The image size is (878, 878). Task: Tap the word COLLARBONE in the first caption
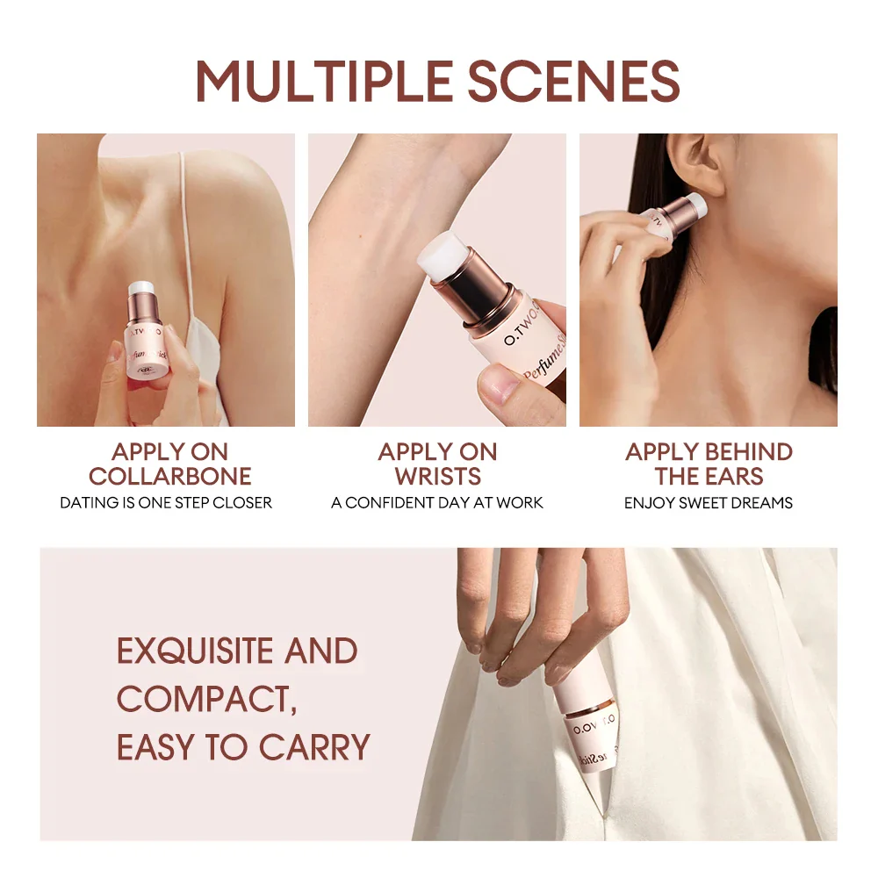pos(169,477)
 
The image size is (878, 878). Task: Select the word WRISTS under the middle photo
pos(437,477)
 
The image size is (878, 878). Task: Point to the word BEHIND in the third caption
pos(746,452)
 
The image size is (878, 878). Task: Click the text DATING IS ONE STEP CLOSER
pos(166,503)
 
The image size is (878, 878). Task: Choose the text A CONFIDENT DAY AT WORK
pos(437,503)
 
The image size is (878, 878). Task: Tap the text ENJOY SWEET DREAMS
pos(709,503)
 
